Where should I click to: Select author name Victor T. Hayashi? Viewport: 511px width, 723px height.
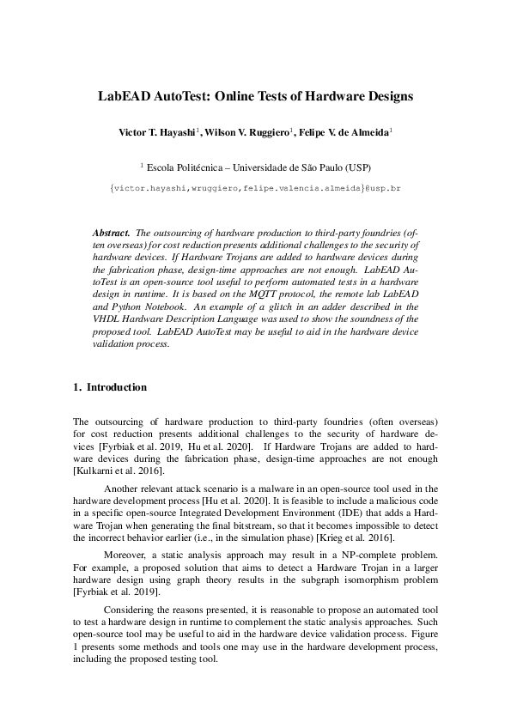click(157, 134)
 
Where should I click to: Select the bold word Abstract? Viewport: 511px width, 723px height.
click(111, 234)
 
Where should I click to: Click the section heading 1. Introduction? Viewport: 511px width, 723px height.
click(110, 387)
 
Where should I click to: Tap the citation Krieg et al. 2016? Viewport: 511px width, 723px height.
click(357, 538)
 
